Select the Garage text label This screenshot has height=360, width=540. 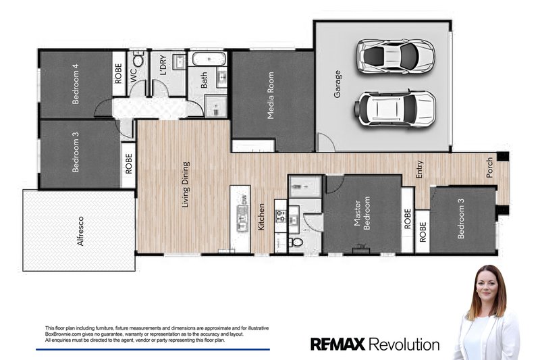[x=337, y=84]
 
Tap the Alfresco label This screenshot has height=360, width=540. [x=80, y=230]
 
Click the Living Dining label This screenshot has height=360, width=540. [x=186, y=184]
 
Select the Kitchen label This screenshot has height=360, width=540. [x=262, y=217]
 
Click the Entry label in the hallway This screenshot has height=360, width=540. [x=419, y=169]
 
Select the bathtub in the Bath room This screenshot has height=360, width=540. [x=203, y=59]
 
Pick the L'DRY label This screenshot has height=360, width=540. [x=163, y=66]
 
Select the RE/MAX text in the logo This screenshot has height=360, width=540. [x=337, y=344]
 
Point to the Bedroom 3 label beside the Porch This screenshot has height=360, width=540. [x=462, y=222]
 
